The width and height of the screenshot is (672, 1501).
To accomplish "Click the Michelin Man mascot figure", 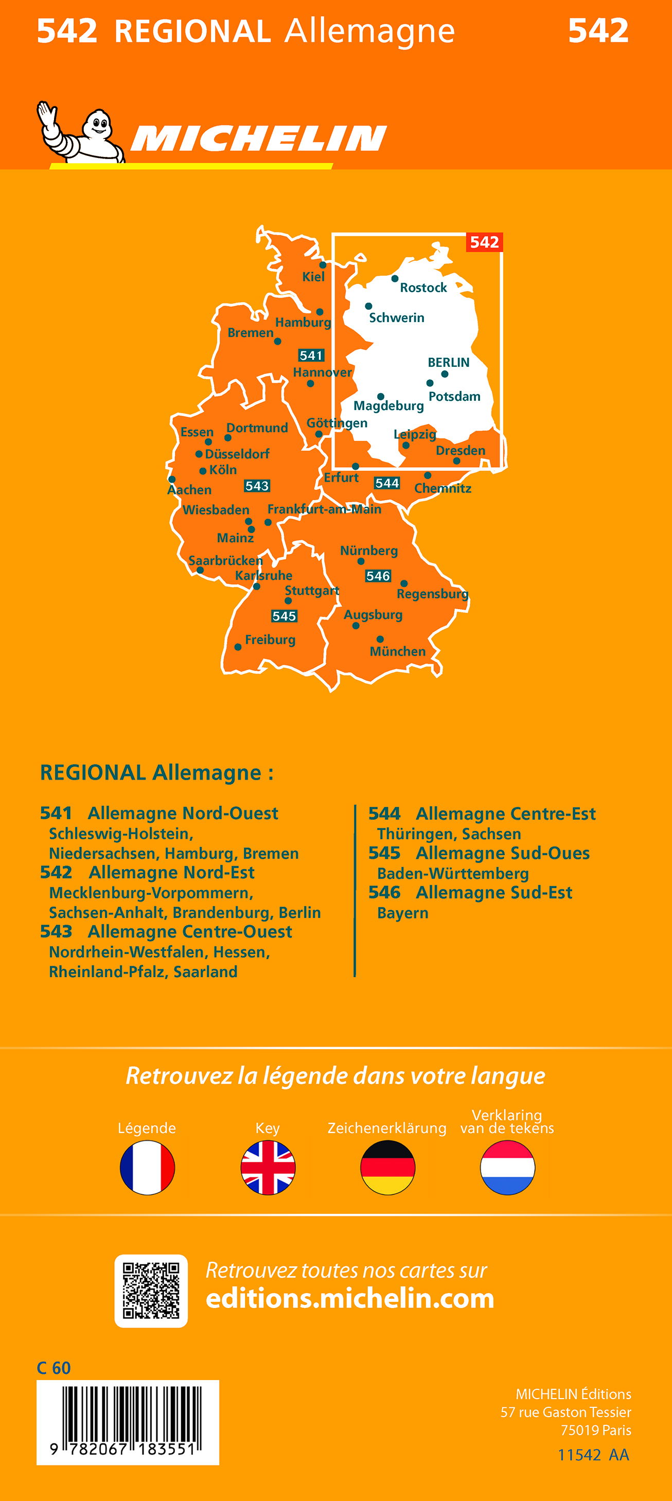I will pos(82,133).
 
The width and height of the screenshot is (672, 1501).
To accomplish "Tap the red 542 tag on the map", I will pos(484,242).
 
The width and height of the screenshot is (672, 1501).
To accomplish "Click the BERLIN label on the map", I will pos(448,362).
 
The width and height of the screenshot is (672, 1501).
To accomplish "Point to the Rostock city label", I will pos(423,288).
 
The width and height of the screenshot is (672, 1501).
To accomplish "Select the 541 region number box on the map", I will pos(311,356).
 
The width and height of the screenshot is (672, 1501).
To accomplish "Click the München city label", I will pos(397,651).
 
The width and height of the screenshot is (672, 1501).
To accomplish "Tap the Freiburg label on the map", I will pos(270,640).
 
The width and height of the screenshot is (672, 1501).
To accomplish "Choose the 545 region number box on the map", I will pos(284,616).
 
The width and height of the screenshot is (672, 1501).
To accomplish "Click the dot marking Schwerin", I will pos(368,306).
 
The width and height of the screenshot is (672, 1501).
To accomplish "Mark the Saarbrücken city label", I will pos(225,560).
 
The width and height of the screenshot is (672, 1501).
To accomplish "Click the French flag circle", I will pos(148,1168).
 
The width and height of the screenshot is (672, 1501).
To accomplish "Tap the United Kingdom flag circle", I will pos(268,1168).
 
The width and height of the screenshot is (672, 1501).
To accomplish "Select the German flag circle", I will pos(387,1168).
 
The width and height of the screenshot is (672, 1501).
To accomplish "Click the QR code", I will pos(151,1291).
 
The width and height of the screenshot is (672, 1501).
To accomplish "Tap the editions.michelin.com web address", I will pos(350,1299).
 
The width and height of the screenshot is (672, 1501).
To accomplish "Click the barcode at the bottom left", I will pos(128,1422).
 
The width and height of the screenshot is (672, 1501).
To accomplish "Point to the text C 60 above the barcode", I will pos(54,1368).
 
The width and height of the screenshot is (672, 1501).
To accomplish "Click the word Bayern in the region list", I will pos(403,913).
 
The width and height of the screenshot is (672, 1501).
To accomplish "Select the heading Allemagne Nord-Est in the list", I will pos(171,873).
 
